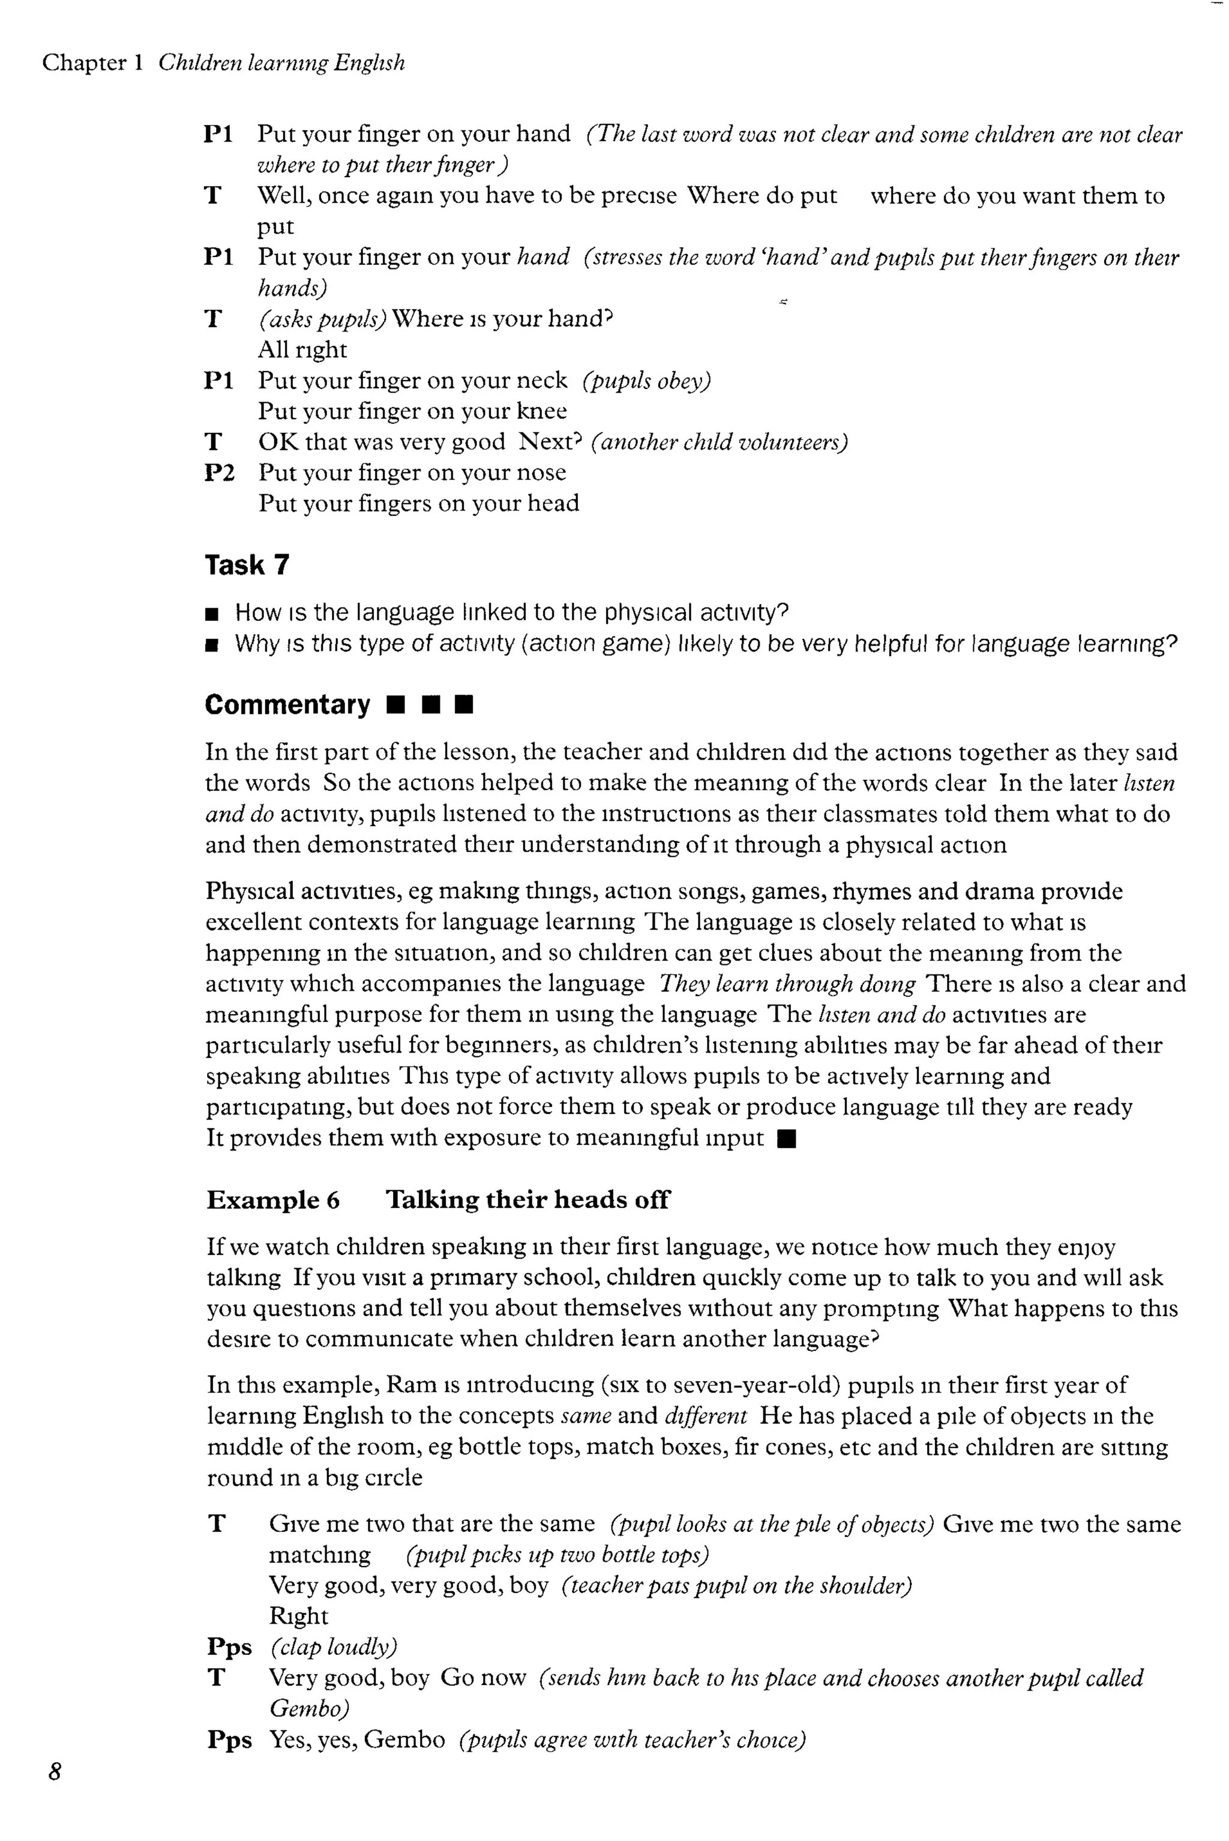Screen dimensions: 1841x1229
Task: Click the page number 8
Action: (54, 1771)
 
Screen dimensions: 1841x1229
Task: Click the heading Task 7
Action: (247, 564)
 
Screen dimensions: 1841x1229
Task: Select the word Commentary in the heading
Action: (287, 705)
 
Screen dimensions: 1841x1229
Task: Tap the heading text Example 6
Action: (273, 1200)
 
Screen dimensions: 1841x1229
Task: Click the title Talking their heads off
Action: (527, 1200)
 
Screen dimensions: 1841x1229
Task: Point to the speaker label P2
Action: (218, 473)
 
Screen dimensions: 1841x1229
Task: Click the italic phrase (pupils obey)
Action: (647, 381)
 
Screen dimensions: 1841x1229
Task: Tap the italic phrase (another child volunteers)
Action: (720, 442)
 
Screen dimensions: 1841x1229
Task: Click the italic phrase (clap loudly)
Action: (334, 1646)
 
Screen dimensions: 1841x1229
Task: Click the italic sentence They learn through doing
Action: (787, 984)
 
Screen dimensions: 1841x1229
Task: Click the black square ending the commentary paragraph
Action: (787, 1139)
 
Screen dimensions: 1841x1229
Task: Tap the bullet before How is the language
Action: (211, 614)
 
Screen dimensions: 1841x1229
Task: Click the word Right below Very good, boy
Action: (298, 1616)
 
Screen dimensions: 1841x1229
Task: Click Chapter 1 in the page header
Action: (92, 62)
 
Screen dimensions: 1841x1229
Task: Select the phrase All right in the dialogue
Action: (302, 349)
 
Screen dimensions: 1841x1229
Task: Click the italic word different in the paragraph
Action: (706, 1416)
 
